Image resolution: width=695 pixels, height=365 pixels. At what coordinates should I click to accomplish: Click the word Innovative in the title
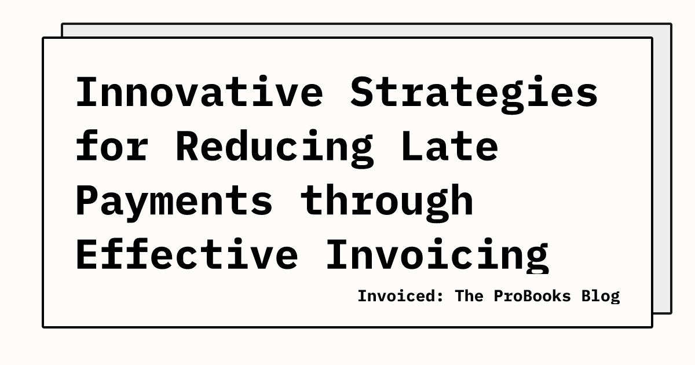pos(199,93)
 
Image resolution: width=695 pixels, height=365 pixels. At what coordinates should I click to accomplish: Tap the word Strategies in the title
pos(474,93)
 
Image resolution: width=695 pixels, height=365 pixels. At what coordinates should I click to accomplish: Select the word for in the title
pos(112,146)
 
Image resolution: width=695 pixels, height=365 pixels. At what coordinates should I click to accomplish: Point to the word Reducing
pos(275,146)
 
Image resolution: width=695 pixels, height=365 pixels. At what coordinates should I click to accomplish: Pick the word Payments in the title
pos(174,200)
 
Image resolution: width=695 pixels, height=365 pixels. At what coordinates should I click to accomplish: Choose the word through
pos(387,200)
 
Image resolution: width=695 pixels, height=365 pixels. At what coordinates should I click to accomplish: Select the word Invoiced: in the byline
pos(401,296)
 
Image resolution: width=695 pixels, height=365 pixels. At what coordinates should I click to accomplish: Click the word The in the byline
pos(469,296)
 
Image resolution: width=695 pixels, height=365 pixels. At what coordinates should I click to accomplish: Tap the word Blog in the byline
pos(601,296)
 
